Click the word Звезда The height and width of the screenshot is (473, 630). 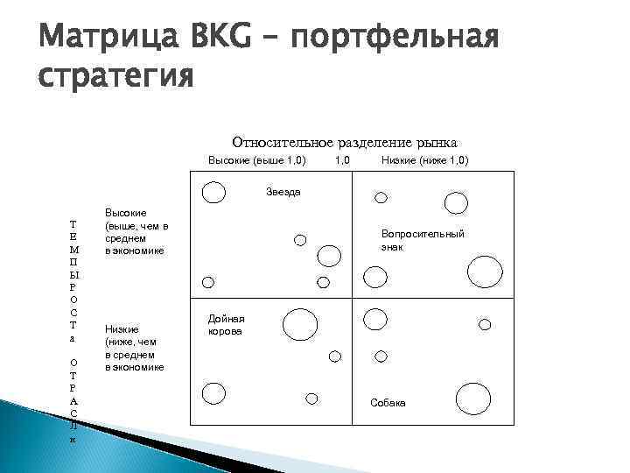coord(283,191)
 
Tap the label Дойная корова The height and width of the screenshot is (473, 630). coord(226,326)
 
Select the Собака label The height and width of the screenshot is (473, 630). coord(388,402)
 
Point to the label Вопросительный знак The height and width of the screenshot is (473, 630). coord(423,240)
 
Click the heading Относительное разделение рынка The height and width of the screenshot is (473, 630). coord(344,142)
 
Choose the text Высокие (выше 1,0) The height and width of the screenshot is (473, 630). coord(256,161)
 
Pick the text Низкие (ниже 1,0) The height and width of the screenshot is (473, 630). coord(424,161)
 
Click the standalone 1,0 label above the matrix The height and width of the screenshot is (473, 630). coord(342,161)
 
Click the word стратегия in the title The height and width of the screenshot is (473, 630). coord(114,77)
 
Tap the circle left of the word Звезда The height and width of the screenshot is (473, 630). coord(213,191)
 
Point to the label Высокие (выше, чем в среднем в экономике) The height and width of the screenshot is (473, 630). coord(136,232)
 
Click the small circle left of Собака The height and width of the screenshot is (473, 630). coord(311,399)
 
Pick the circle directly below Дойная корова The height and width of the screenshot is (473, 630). coord(213,395)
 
